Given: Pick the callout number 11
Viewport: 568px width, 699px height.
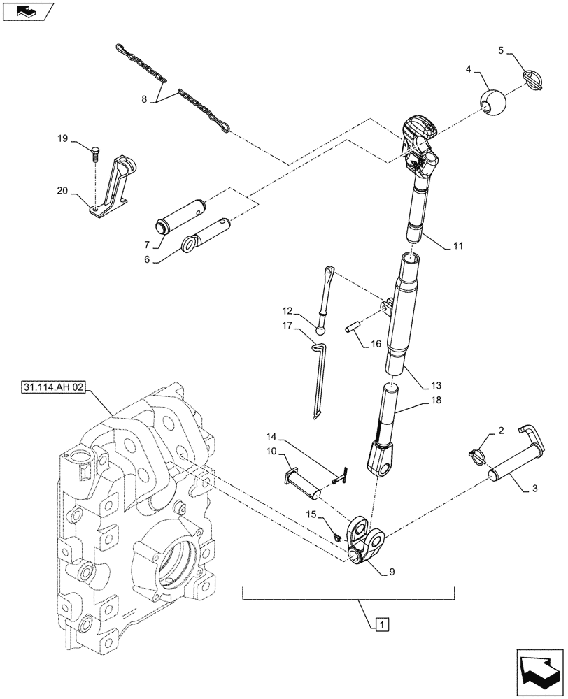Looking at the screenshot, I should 457,246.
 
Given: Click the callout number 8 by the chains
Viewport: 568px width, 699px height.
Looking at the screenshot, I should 144,99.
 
